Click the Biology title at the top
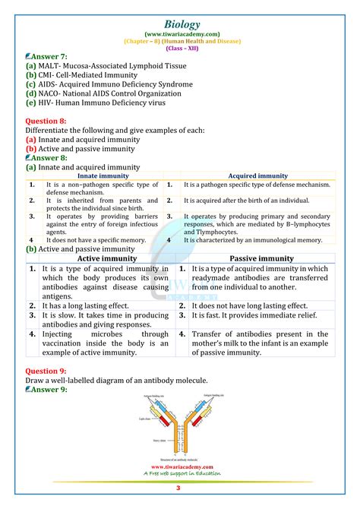tap(180, 10)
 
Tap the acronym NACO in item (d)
tap(52, 93)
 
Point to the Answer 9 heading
tap(47, 389)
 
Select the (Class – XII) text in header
tap(180, 45)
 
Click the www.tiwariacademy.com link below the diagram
tap(181, 467)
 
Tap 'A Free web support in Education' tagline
tap(181, 474)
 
